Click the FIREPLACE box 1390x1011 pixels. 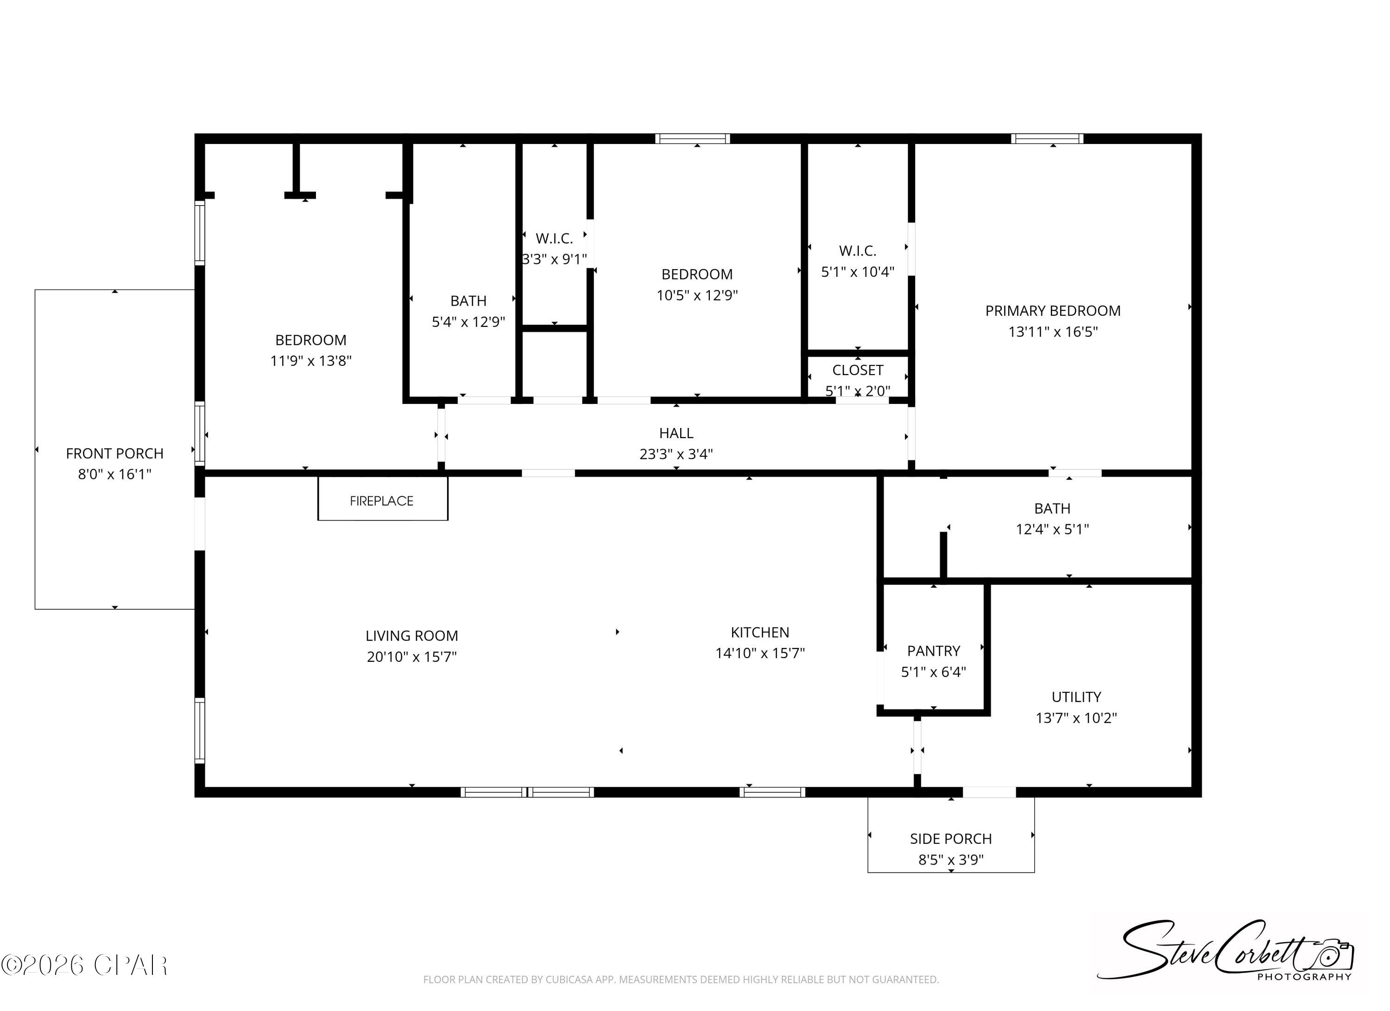click(382, 498)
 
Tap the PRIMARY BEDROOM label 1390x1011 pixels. click(1052, 311)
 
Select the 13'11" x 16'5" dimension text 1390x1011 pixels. click(1052, 332)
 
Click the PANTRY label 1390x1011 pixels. click(934, 651)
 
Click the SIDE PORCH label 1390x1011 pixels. click(951, 839)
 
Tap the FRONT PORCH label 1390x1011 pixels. click(114, 453)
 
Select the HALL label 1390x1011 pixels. click(676, 433)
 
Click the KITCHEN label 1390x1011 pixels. click(759, 632)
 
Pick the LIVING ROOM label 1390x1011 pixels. click(412, 636)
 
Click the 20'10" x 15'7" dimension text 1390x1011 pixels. click(412, 657)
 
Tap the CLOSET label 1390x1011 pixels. click(858, 370)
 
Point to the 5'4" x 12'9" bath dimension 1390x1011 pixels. click(468, 322)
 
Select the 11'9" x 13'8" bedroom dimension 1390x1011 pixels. click(311, 361)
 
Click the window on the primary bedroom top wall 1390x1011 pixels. click(1047, 138)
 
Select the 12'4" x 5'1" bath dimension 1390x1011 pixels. click(1052, 529)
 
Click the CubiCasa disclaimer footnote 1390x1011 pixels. click(681, 980)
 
